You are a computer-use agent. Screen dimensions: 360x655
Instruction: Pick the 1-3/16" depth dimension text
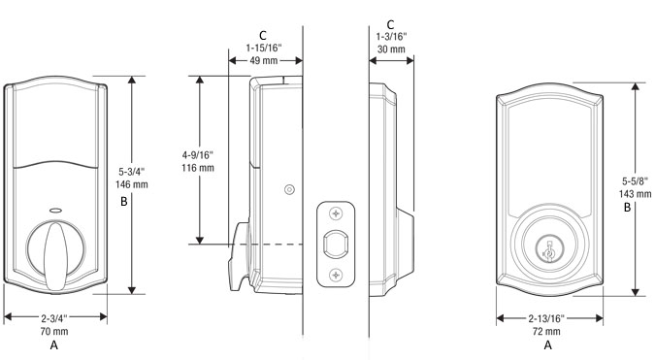click(392, 35)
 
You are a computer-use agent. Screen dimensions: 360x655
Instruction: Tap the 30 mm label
click(392, 49)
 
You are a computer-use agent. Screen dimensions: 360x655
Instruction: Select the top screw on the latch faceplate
click(336, 213)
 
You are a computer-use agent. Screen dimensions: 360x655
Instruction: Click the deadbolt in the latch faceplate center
click(336, 244)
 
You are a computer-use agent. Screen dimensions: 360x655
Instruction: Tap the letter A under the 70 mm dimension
click(54, 344)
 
